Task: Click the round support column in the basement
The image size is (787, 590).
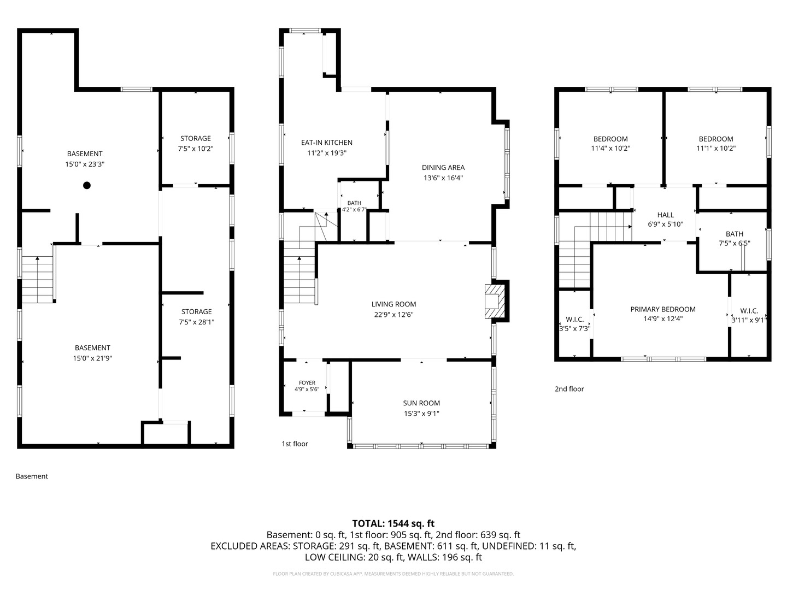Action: [x=87, y=185]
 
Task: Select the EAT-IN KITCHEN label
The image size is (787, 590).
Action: [x=327, y=143]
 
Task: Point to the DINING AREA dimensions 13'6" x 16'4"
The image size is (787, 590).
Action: [x=443, y=178]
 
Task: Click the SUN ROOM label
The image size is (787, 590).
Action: [x=421, y=403]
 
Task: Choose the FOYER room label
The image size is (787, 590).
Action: [x=307, y=382]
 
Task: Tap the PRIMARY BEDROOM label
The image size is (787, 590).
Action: [x=663, y=309]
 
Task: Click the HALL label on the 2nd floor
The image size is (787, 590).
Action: [x=666, y=215]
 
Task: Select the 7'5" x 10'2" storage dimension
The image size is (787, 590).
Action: [x=196, y=148]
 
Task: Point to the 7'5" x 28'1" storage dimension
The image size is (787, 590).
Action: [x=197, y=322]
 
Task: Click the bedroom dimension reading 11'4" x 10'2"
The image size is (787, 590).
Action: [x=610, y=148]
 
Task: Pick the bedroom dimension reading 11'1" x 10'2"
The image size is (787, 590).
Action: [x=716, y=148]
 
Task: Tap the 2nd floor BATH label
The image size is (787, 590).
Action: [x=735, y=234]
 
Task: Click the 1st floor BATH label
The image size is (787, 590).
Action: [x=354, y=203]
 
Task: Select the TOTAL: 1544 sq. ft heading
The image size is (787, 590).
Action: [x=393, y=523]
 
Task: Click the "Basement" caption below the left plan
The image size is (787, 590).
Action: [x=32, y=476]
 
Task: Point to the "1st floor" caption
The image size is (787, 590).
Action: [x=295, y=444]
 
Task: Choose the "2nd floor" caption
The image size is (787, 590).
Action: [x=569, y=389]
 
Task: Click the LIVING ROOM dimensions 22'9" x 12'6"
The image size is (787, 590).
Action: [x=393, y=315]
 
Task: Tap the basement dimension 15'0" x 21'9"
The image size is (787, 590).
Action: [x=92, y=358]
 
